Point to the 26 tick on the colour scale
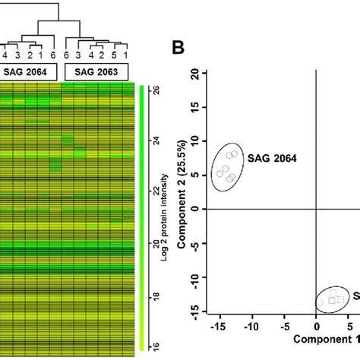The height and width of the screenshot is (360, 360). [x=156, y=90]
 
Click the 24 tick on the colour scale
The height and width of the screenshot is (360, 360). [x=156, y=141]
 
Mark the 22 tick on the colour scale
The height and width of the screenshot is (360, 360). [x=156, y=192]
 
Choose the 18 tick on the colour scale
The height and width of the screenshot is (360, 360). [x=156, y=294]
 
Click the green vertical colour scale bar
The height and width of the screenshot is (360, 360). [x=143, y=216]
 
